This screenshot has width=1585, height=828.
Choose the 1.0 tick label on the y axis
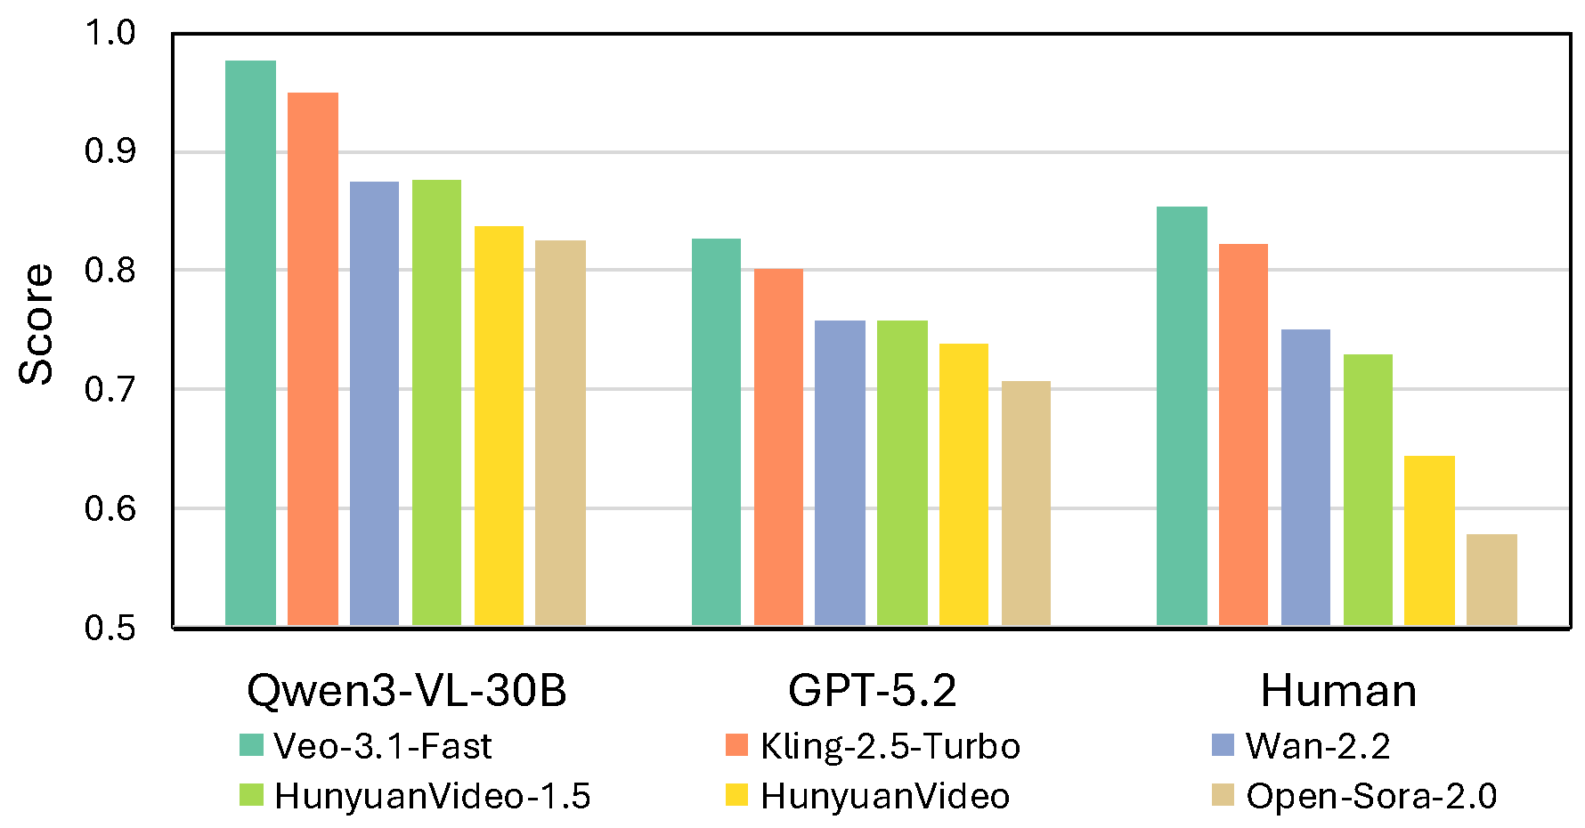tap(110, 33)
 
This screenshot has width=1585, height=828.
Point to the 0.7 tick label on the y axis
tap(110, 389)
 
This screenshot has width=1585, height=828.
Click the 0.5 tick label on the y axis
tap(110, 628)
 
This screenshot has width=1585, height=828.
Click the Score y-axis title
tap(37, 325)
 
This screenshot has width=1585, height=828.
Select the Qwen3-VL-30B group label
tap(406, 690)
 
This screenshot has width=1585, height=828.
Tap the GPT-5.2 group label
tap(872, 690)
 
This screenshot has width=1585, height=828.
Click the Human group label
tap(1337, 690)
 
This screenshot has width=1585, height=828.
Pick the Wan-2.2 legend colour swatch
tap(1223, 745)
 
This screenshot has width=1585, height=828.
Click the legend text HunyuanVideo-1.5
tap(432, 796)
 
